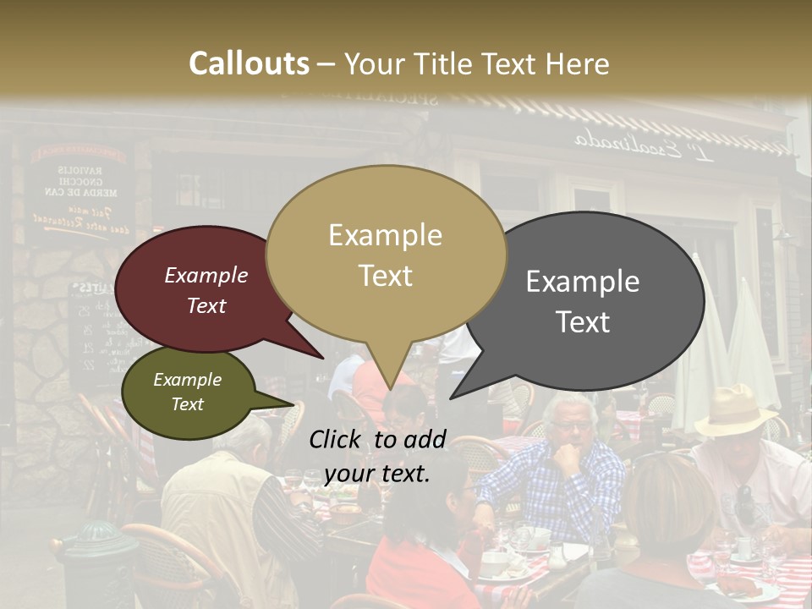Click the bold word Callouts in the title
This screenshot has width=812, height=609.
coord(249,63)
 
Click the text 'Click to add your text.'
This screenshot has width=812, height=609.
coord(377,457)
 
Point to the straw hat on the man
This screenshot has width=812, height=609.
coord(737,409)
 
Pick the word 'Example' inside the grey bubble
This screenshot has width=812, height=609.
coord(583,282)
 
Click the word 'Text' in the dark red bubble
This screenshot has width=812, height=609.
coord(206,305)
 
